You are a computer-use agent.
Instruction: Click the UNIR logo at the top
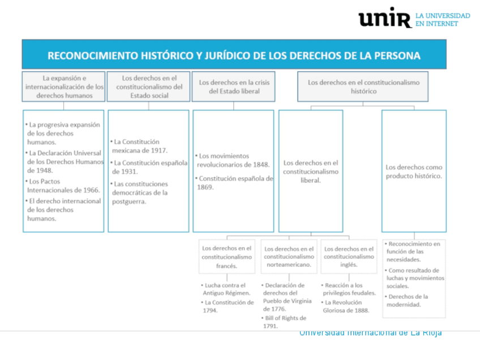point(384,18)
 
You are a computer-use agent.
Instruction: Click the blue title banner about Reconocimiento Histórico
point(234,55)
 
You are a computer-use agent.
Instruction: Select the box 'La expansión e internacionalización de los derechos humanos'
point(64,87)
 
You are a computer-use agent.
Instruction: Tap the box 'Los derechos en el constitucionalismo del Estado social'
point(149,87)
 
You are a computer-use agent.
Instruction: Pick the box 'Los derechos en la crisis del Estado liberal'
point(234,87)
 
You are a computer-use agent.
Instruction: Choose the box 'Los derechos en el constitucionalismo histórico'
point(363,87)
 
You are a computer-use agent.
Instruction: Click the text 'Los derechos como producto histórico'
point(414,172)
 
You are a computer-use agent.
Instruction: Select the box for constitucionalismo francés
point(228,256)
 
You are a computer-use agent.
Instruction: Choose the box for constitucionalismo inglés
point(349,256)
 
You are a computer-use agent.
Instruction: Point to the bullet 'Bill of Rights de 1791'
point(285,322)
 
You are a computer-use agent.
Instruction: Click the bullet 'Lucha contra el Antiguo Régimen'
point(226,289)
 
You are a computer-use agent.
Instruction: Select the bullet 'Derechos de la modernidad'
point(408,301)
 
